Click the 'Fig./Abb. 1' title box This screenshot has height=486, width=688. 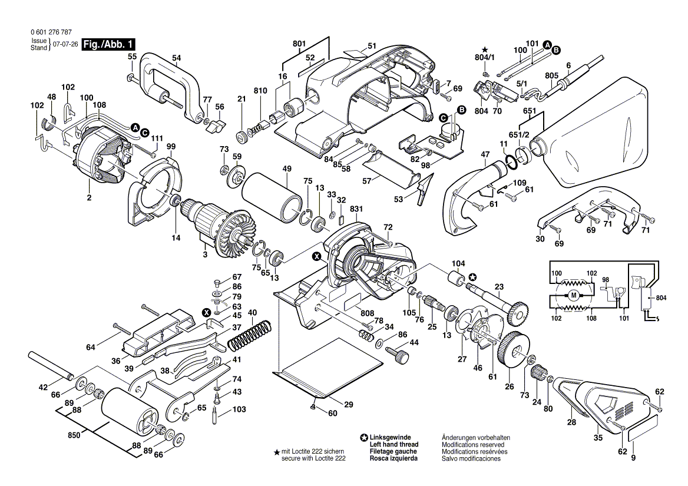point(108,44)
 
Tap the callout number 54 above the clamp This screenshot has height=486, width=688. point(176,58)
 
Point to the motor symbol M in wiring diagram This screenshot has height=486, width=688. point(573,295)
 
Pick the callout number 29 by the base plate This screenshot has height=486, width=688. point(348,404)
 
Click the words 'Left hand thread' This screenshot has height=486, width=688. point(393,444)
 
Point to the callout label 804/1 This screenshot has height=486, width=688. point(485,58)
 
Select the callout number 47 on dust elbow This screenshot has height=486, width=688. point(485,154)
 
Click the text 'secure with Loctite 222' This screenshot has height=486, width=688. point(313,458)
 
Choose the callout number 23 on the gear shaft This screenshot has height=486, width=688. point(499,287)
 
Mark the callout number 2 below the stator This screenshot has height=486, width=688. point(89,198)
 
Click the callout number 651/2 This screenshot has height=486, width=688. point(519,135)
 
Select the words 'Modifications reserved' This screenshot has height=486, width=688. point(472,444)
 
